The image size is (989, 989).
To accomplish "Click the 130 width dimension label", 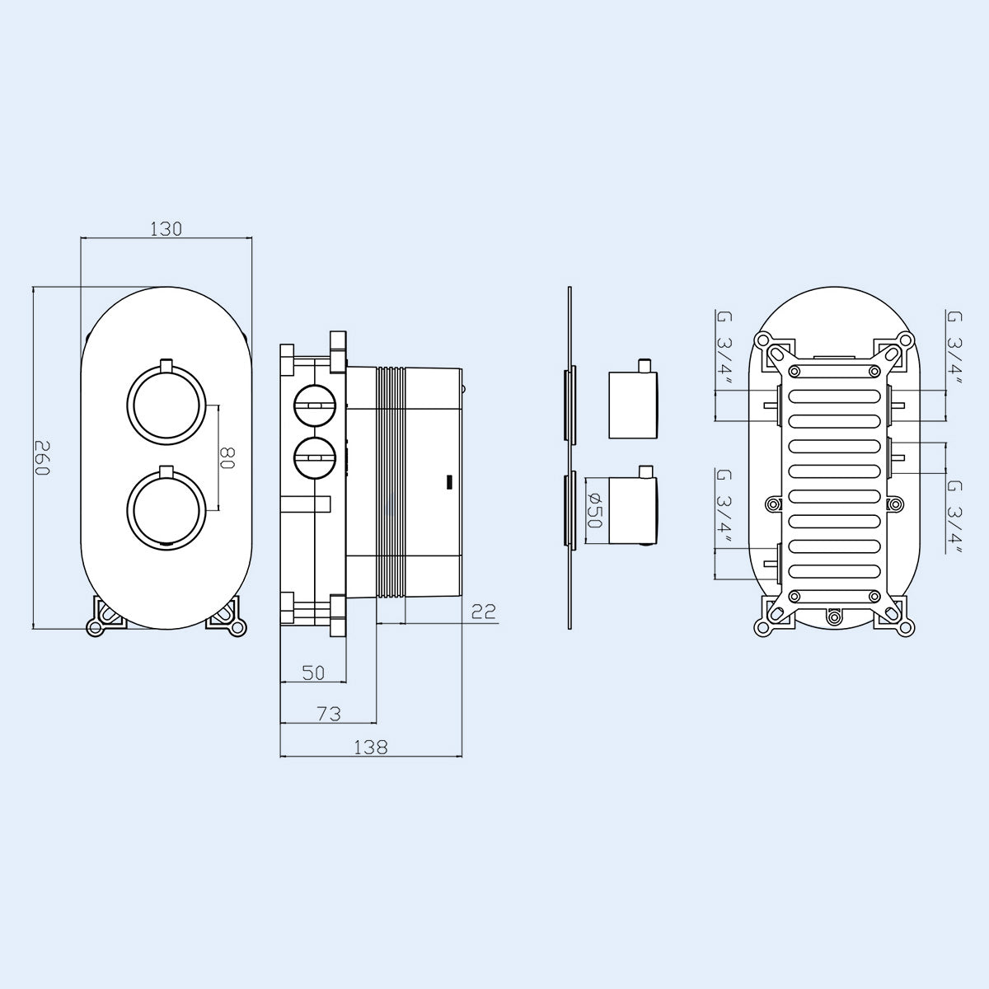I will [166, 229].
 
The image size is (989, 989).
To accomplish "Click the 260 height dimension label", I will [43, 458].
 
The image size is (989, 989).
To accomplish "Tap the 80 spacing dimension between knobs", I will [228, 458].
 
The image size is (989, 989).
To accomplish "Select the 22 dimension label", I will [484, 611].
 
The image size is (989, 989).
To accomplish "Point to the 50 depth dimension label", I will [312, 673].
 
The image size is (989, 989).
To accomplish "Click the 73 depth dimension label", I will [328, 714].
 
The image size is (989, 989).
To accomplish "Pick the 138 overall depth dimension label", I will [370, 748].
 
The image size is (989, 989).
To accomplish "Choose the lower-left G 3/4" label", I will [724, 511].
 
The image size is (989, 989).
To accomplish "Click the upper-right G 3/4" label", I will [954, 352].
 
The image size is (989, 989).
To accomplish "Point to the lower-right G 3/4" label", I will [954, 519].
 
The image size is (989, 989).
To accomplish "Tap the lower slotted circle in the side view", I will [314, 456].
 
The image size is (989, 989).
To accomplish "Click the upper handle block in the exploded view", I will [633, 405].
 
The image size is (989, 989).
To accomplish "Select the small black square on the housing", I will [449, 480].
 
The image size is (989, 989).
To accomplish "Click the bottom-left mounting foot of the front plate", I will [102, 619].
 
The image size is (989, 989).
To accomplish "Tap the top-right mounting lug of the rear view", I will [897, 345].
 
